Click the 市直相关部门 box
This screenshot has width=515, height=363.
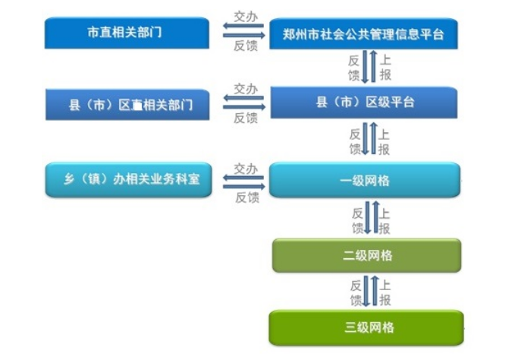(x=126, y=33)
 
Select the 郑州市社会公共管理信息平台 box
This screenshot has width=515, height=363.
(x=363, y=34)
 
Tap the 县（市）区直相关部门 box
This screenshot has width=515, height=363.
(x=126, y=105)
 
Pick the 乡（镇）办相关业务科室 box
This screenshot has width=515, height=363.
(x=127, y=180)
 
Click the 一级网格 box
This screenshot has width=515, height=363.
(x=365, y=181)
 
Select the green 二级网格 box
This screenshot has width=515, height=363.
(x=366, y=255)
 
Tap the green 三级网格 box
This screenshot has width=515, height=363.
(x=366, y=328)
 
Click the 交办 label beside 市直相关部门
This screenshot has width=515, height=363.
(x=245, y=15)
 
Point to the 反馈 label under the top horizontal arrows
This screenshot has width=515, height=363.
(x=245, y=47)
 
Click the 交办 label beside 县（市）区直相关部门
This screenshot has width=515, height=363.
(x=245, y=89)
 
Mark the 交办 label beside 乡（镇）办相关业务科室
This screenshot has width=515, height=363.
(x=245, y=168)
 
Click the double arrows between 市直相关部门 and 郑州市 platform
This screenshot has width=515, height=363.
(x=243, y=31)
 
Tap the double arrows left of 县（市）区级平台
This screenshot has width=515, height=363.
(x=243, y=103)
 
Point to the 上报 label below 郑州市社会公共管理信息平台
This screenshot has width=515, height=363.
(x=385, y=68)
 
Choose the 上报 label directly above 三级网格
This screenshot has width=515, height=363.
(x=385, y=292)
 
